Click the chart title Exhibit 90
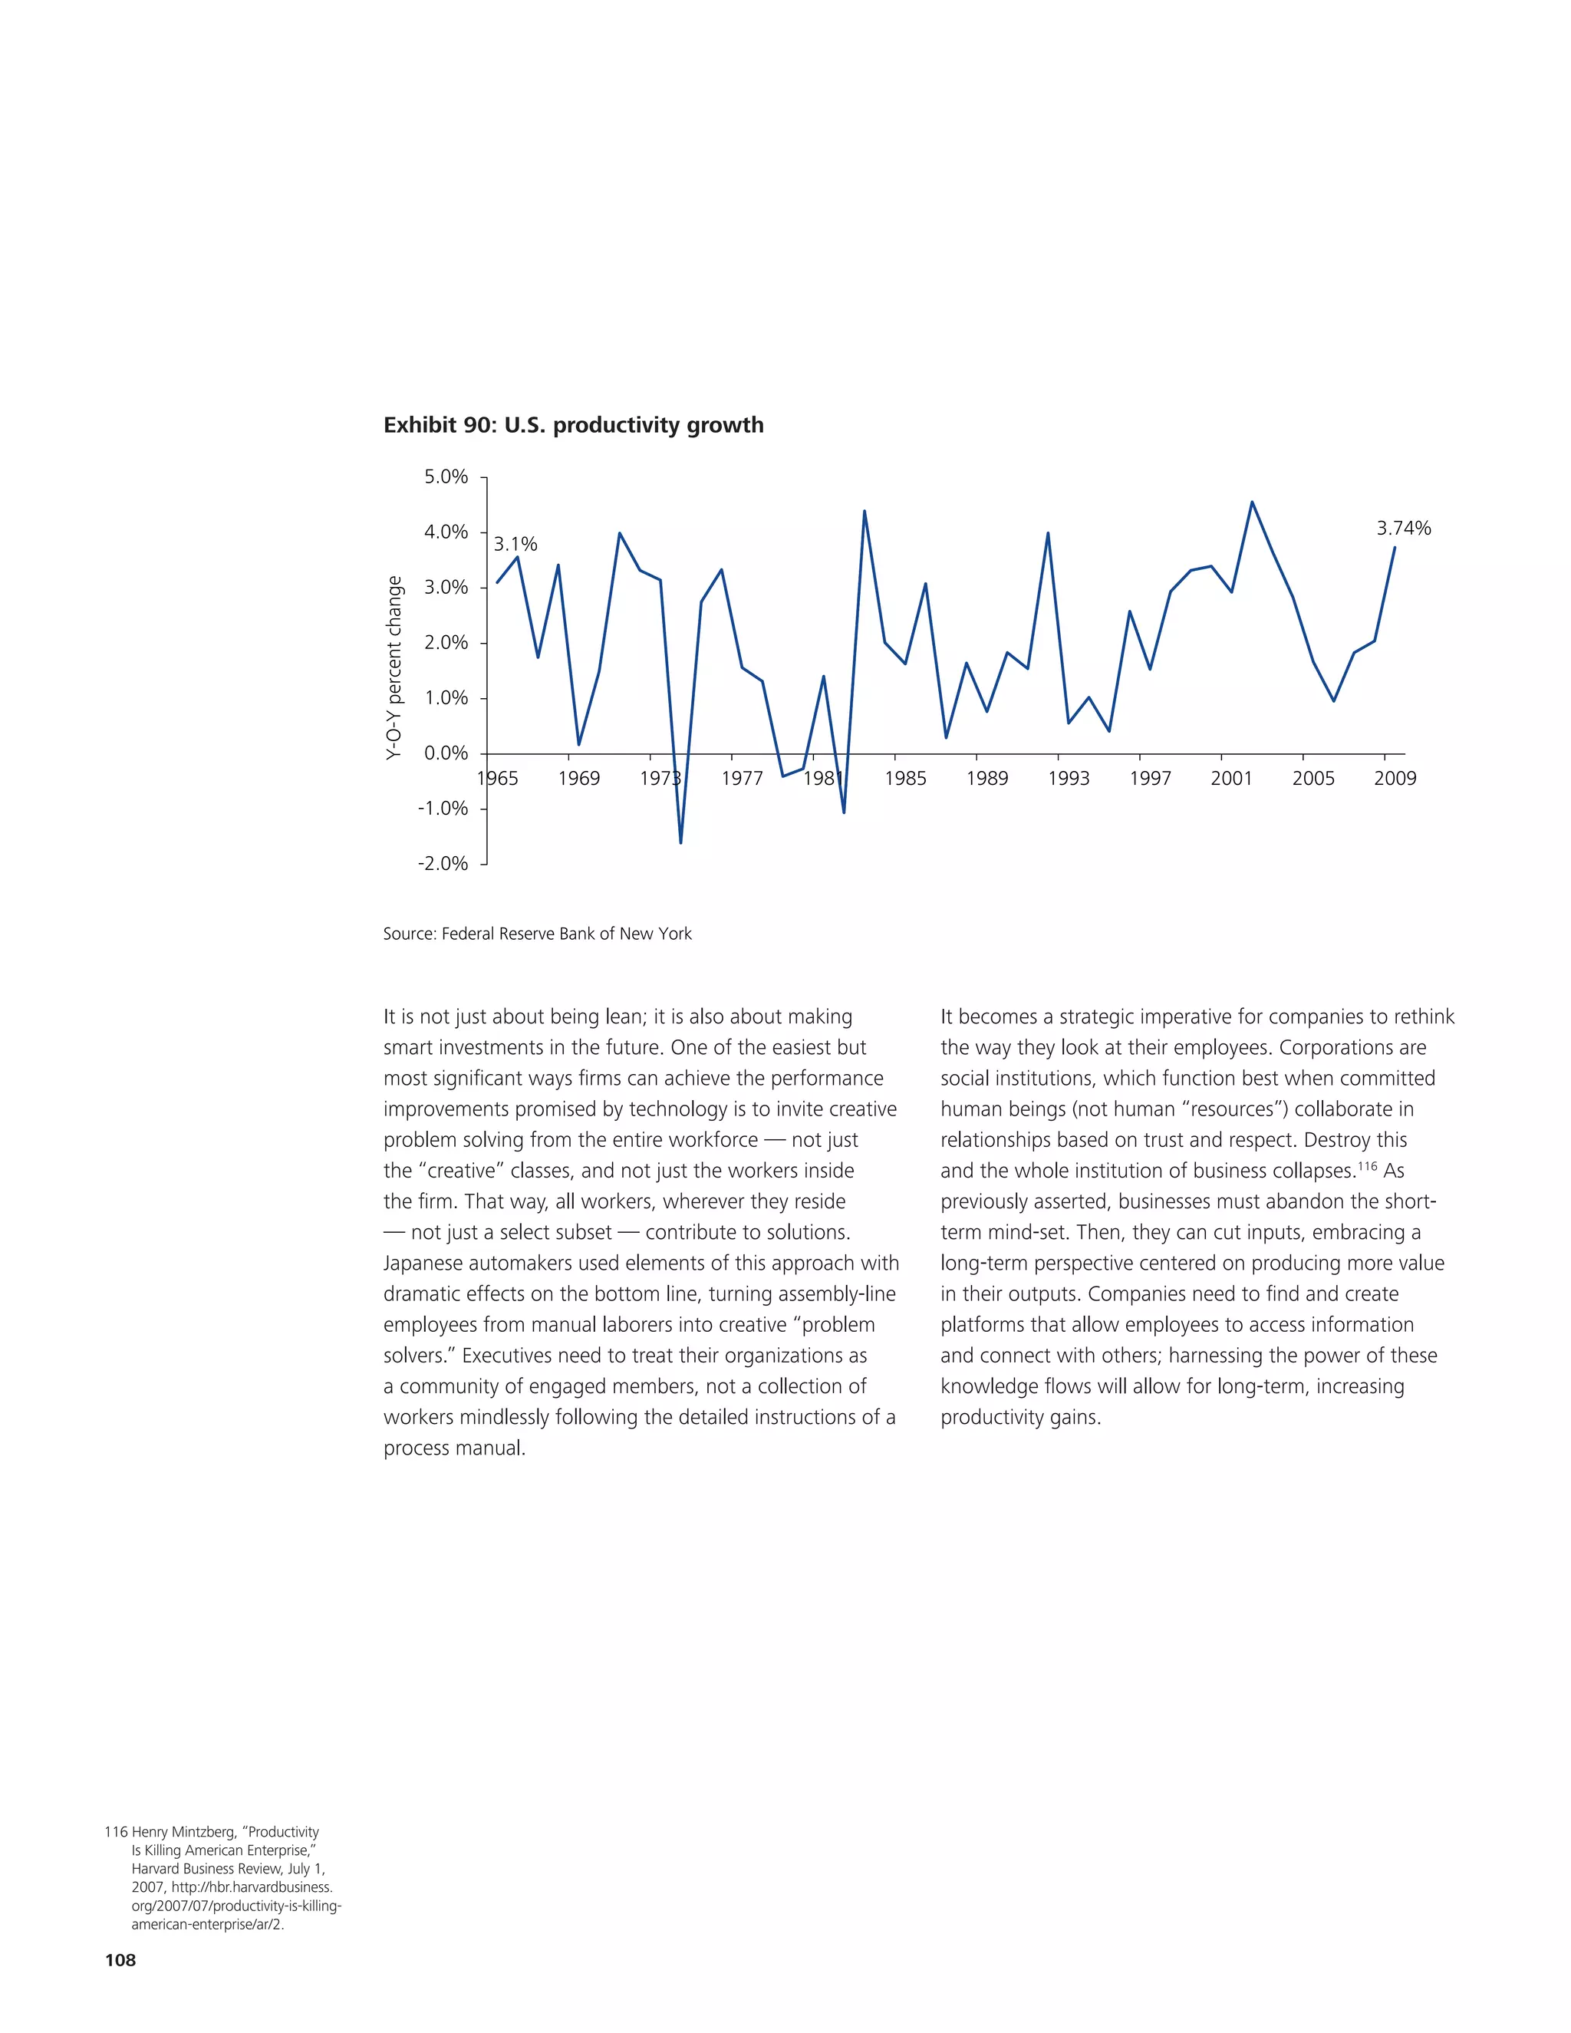(x=573, y=426)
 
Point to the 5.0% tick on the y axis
(x=446, y=476)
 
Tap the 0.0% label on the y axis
(x=446, y=753)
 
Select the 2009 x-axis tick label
(x=1394, y=778)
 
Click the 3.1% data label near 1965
(x=515, y=545)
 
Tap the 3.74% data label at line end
(x=1404, y=529)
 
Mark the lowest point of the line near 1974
(x=680, y=842)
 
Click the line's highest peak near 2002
(x=1252, y=502)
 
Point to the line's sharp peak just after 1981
(x=865, y=511)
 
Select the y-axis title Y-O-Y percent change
(x=394, y=667)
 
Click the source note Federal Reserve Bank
(x=537, y=934)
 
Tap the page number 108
(x=120, y=1959)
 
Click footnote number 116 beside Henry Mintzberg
(x=115, y=1831)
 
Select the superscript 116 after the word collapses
(x=1366, y=1165)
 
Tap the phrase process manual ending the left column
(x=454, y=1448)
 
